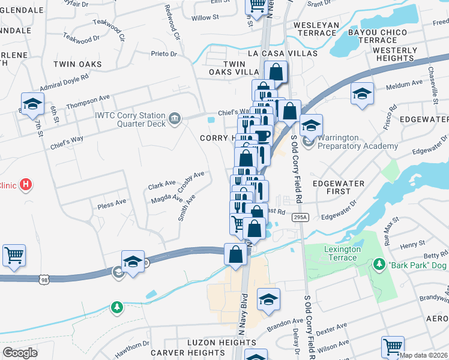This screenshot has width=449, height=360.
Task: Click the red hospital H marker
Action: click(25, 185)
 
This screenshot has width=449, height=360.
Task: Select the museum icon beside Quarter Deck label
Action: click(174, 116)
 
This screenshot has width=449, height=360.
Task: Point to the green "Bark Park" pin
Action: click(379, 264)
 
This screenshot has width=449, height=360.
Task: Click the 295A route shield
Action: click(300, 217)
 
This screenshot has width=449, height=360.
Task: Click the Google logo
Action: click(20, 353)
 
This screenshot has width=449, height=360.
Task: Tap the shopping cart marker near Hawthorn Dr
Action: click(14, 255)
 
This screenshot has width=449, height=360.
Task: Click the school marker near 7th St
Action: click(33, 103)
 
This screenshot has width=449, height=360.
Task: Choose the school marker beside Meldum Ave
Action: click(362, 94)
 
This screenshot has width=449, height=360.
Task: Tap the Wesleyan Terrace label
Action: click(316, 29)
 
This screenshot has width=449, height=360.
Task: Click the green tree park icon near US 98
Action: click(117, 308)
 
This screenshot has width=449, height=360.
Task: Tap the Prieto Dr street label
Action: click(164, 54)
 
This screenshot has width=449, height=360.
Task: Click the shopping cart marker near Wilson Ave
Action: click(392, 346)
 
